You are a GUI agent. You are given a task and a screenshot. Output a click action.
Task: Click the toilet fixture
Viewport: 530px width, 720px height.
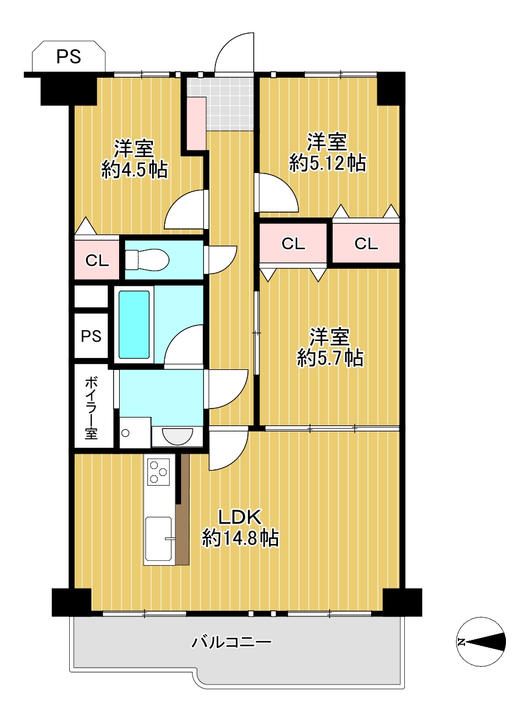(x=147, y=260)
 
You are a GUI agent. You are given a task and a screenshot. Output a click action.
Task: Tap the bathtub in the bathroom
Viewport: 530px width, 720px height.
(x=134, y=324)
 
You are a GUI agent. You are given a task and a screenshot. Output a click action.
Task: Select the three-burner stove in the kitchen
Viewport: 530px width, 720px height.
(x=158, y=472)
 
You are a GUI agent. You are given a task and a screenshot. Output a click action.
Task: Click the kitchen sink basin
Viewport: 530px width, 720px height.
(x=159, y=539)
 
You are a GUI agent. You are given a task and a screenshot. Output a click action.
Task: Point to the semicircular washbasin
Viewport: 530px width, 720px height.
(x=177, y=436)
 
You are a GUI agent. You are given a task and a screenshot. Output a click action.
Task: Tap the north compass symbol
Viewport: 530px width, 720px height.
(x=481, y=642)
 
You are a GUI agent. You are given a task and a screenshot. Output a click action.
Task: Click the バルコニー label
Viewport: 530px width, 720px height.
(x=231, y=642)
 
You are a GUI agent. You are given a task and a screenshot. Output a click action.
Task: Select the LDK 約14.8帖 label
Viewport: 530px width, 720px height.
(x=240, y=528)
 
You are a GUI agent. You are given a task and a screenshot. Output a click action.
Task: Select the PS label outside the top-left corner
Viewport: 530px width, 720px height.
(x=69, y=57)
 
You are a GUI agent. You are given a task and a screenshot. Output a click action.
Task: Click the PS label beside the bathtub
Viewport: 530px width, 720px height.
(x=91, y=336)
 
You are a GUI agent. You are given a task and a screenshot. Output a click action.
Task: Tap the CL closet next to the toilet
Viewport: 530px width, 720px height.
(x=97, y=260)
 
